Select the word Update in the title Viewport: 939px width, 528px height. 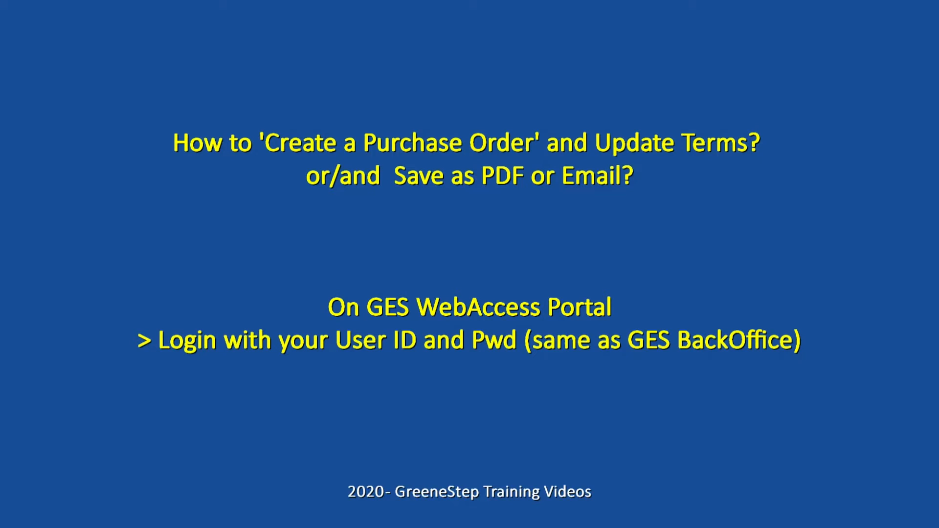pyautogui.click(x=634, y=143)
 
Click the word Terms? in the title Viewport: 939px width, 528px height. pyautogui.click(x=721, y=143)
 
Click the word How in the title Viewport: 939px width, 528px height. pyautogui.click(x=198, y=143)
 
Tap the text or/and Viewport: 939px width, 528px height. pyautogui.click(x=343, y=176)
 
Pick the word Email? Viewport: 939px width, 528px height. pyautogui.click(x=598, y=176)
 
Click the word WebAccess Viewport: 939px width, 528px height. pyautogui.click(x=478, y=308)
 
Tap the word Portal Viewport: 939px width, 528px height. pyautogui.click(x=580, y=308)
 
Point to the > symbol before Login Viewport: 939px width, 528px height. pyautogui.click(x=144, y=341)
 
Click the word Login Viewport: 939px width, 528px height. pyautogui.click(x=187, y=341)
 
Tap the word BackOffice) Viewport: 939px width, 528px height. pyautogui.click(x=739, y=341)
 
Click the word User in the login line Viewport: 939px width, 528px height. pyautogui.click(x=360, y=340)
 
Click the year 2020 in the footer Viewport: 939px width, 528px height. pyautogui.click(x=366, y=491)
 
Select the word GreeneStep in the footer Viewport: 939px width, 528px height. pyautogui.click(x=437, y=492)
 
